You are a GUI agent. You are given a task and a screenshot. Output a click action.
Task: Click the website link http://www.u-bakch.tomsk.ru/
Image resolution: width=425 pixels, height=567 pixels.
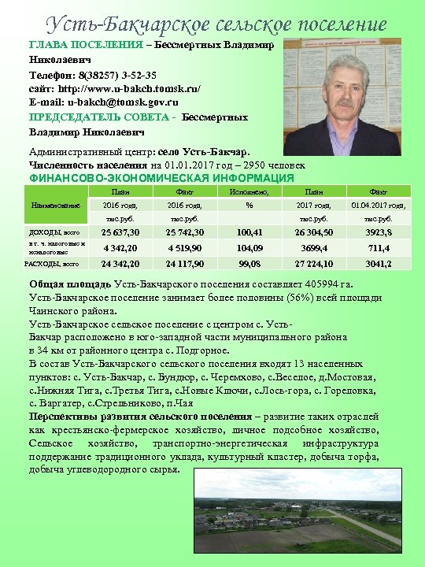coord(124,89)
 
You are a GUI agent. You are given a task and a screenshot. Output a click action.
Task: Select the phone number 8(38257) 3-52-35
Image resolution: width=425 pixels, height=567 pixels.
coord(118,75)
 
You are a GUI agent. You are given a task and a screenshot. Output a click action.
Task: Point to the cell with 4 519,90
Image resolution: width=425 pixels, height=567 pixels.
coord(187,247)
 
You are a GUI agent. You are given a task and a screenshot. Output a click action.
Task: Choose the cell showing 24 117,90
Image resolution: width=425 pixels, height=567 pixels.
coord(187,264)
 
